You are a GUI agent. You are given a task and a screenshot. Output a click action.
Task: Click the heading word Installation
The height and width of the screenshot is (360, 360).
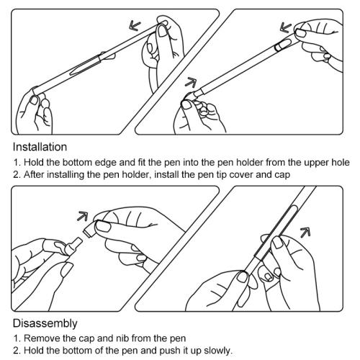tap(40, 147)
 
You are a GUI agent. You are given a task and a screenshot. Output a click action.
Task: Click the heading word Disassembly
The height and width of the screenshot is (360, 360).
tap(45, 323)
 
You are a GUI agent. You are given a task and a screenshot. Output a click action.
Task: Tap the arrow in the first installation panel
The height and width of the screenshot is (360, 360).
tap(135, 25)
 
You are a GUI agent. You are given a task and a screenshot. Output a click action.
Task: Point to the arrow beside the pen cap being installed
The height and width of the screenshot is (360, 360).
tap(286, 27)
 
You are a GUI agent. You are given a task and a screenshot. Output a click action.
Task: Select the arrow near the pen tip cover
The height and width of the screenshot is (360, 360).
tap(191, 82)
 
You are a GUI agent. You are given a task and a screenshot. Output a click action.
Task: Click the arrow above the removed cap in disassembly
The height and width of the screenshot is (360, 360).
tap(82, 216)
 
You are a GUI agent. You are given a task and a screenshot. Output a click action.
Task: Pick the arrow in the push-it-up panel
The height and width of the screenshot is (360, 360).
tap(305, 233)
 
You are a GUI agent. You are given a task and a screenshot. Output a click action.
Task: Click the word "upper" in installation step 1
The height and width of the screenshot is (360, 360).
tap(317, 163)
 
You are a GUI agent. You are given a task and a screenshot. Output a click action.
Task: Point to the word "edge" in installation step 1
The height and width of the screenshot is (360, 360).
tap(106, 163)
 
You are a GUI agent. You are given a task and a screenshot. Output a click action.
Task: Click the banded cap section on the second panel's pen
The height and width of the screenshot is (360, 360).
tap(281, 46)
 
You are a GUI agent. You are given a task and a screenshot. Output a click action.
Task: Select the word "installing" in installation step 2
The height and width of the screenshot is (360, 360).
tap(65, 175)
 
